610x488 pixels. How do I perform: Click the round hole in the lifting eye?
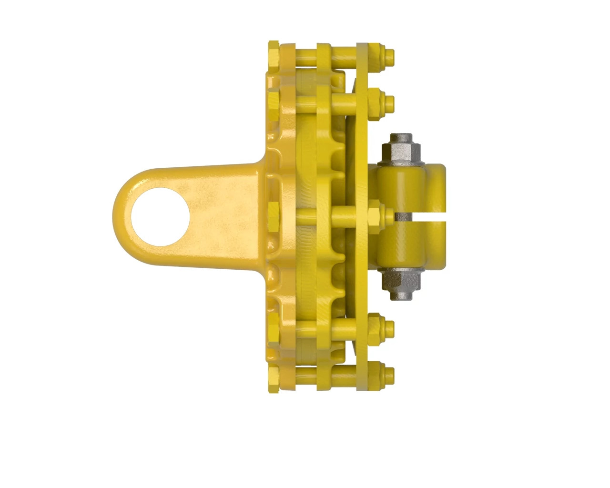click(x=160, y=217)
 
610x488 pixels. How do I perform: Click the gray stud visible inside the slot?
click(x=401, y=216)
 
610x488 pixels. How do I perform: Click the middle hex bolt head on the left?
click(x=274, y=215)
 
